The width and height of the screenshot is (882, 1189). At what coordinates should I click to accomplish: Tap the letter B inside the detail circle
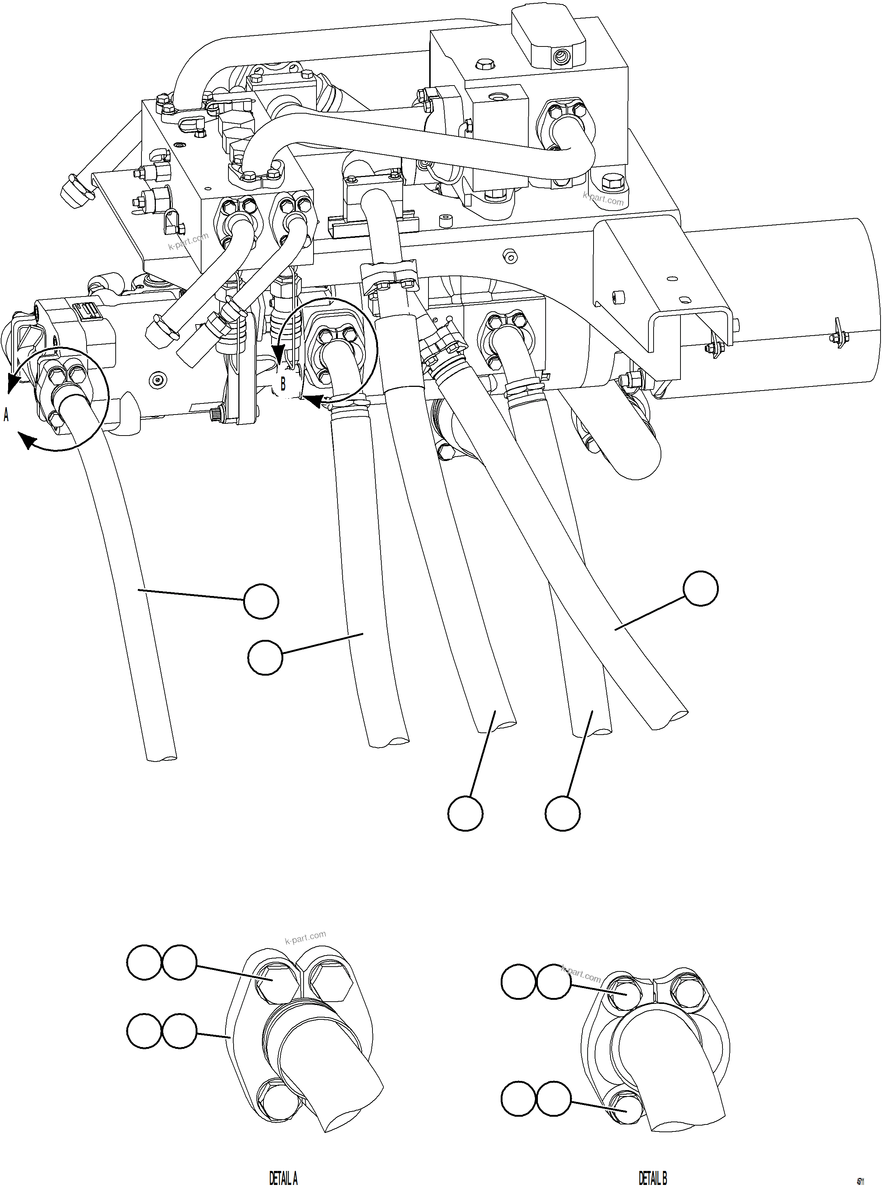[x=283, y=384]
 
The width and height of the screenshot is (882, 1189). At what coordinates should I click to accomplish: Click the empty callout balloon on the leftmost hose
[x=260, y=601]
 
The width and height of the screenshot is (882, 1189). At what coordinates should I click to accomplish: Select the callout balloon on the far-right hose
[x=701, y=588]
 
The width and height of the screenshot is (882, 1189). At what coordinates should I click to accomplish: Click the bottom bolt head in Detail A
[x=275, y=1099]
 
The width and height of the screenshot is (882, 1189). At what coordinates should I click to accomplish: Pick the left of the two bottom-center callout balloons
[x=466, y=813]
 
